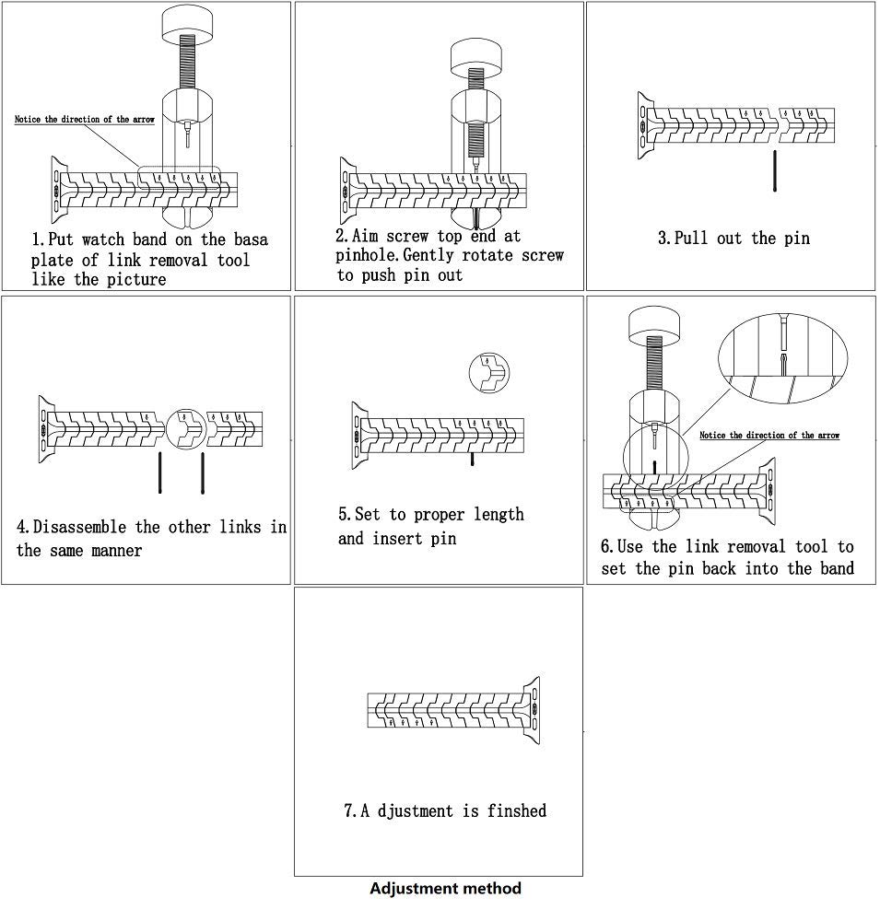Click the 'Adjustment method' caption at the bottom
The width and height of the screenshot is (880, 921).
point(446,888)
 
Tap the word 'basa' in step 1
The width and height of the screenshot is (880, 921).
point(251,239)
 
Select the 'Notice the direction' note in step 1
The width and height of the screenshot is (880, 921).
point(85,119)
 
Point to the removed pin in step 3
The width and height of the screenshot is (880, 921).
point(775,171)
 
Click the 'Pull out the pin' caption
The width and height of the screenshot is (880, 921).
point(733,238)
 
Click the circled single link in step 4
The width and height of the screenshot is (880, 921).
point(186,429)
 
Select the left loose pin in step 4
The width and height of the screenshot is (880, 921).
point(160,472)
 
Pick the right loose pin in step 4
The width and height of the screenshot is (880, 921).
point(203,472)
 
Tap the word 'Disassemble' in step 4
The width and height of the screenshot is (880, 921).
point(80,527)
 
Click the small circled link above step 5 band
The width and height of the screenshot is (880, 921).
point(489,373)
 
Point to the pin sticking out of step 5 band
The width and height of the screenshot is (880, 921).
point(472,460)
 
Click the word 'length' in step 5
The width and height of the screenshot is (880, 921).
point(499,515)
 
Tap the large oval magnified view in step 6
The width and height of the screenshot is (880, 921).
point(783,356)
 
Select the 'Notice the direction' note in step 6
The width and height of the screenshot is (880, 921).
point(769,436)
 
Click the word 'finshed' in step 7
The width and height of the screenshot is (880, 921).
point(517,811)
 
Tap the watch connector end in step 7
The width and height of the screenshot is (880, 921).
point(530,711)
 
